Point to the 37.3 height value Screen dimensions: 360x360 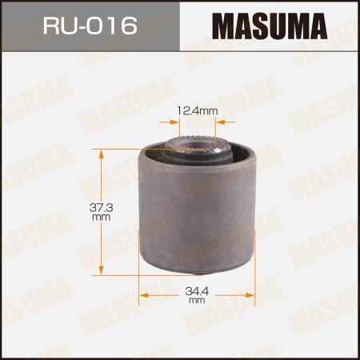(x=101, y=206)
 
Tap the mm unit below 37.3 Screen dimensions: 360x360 (x=101, y=217)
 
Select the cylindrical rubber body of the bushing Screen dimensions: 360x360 (x=198, y=216)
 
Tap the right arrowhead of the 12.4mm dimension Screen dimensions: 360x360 (x=223, y=122)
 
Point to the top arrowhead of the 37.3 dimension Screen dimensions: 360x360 (x=101, y=152)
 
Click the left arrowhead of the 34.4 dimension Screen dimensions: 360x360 (x=145, y=295)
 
